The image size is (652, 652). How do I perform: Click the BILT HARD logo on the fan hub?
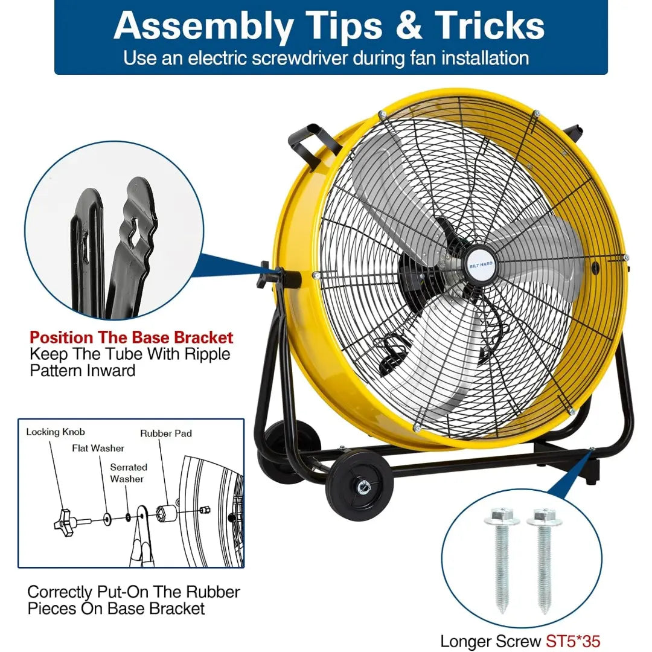click(481, 265)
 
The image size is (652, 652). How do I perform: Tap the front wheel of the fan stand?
click(359, 485)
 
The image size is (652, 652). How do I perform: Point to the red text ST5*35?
click(573, 641)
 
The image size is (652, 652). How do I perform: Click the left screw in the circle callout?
click(502, 560)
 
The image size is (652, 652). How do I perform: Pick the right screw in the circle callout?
click(544, 560)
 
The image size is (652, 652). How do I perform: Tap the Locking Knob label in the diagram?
click(56, 432)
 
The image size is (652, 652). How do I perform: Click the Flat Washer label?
click(98, 448)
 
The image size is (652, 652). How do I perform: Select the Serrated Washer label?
click(128, 473)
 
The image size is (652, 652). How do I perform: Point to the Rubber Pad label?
click(166, 433)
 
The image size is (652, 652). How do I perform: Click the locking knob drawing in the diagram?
click(68, 519)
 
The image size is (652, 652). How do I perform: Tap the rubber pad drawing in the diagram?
click(167, 514)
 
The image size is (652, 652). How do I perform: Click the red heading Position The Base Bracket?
click(132, 337)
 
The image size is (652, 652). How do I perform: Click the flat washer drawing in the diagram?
click(107, 518)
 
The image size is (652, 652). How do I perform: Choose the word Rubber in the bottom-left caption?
click(213, 592)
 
